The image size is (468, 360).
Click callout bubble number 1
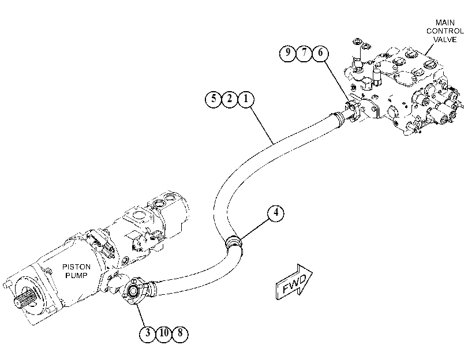pyautogui.click(x=246, y=99)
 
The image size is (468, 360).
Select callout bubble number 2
pyautogui.click(x=230, y=99)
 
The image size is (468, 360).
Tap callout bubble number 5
pyautogui.click(x=214, y=99)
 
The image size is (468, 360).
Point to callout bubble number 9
pyautogui.click(x=288, y=53)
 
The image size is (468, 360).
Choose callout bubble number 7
pyautogui.click(x=304, y=53)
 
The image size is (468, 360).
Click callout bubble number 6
pyautogui.click(x=320, y=53)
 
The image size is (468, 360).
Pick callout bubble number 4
pyautogui.click(x=275, y=213)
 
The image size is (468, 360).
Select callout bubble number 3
pyautogui.click(x=148, y=334)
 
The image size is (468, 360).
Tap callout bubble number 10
pyautogui.click(x=164, y=334)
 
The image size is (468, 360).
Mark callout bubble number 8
pyautogui.click(x=180, y=334)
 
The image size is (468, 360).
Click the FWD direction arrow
pyautogui.click(x=293, y=282)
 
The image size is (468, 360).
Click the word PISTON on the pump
pyautogui.click(x=76, y=267)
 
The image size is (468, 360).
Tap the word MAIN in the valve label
pyautogui.click(x=445, y=22)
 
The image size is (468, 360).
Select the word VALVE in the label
pyautogui.click(x=445, y=39)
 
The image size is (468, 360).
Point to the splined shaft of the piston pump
pyautogui.click(x=25, y=298)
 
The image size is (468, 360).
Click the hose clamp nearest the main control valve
pyautogui.click(x=338, y=118)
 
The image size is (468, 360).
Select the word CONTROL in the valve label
pyautogui.click(x=445, y=31)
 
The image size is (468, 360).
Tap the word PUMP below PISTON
pyautogui.click(x=76, y=275)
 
